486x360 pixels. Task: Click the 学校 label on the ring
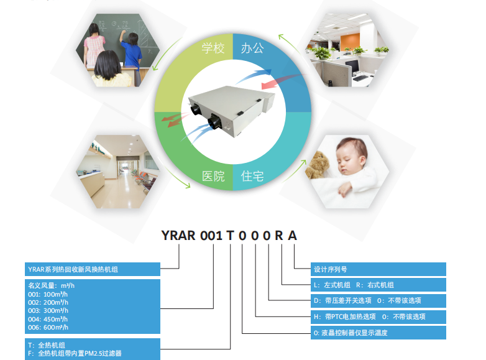[213, 48]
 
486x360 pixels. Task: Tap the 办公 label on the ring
[252, 48]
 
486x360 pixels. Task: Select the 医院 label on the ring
[213, 176]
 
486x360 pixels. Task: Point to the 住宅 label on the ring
[252, 176]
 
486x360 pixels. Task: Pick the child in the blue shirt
[132, 52]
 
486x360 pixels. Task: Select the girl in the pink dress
[94, 47]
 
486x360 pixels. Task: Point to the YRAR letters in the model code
[178, 236]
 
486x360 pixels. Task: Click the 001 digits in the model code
[211, 236]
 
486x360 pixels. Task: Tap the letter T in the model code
[231, 236]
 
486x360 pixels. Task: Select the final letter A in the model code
[292, 236]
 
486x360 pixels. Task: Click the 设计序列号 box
[378, 269]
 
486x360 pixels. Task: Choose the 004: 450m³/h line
[48, 319]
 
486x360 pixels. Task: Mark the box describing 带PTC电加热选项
[378, 316]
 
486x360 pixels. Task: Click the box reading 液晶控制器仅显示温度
[378, 333]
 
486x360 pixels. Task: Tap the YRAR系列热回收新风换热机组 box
[93, 269]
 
